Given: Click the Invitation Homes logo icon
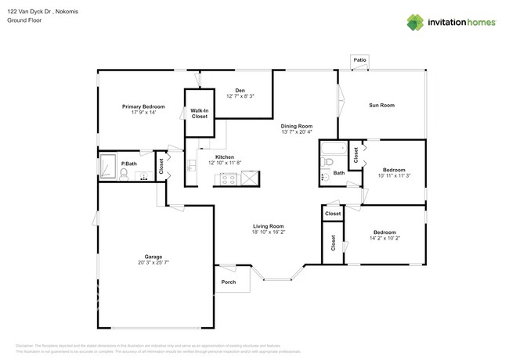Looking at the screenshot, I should pos(413,23).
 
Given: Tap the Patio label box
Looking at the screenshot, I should pos(359,59).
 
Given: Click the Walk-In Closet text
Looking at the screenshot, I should pos(200,113).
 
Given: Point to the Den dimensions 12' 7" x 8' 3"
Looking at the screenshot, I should pos(240,96).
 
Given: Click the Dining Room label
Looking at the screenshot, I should pos(297,126).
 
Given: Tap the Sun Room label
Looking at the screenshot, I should pos(381,105).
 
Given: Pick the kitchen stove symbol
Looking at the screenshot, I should pos(226,179).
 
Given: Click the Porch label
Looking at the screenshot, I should pos(228,282).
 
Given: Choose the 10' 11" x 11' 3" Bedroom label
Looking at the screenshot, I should pos(394,169).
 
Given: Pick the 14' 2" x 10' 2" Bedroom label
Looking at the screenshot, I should pos(384,232).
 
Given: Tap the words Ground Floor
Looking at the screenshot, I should pos(23,21).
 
